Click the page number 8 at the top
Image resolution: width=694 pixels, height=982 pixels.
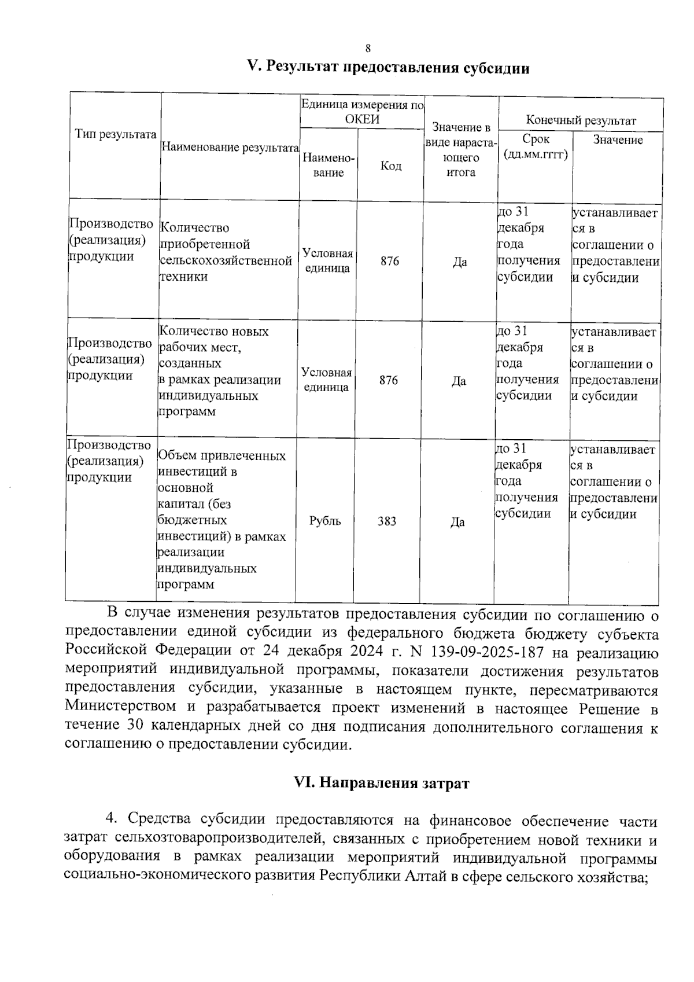367,49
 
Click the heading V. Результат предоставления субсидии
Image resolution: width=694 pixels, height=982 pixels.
388,68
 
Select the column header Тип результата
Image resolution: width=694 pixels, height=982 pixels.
116,135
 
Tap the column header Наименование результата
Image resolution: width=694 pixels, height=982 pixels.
230,148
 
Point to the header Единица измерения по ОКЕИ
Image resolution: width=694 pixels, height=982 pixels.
362,112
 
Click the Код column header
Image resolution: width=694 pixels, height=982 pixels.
391,166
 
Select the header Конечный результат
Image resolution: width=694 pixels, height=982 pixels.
580,120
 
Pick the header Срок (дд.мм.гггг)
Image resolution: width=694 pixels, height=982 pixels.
536,147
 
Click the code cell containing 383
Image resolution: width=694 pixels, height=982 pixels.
387,521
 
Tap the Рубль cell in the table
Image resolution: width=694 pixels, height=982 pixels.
325,521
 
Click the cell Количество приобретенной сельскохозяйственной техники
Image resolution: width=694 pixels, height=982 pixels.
226,252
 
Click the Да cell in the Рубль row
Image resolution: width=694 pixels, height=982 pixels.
457,522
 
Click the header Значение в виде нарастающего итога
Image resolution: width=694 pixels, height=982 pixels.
462,149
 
